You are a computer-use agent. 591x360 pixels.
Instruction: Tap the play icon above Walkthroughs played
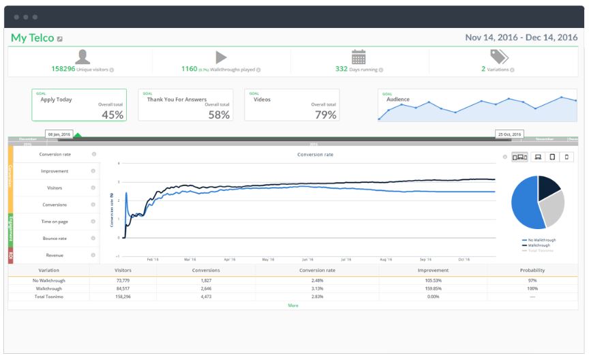click(221, 57)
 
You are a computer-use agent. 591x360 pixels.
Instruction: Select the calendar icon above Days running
click(359, 57)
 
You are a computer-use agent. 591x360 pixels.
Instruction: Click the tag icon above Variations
click(498, 57)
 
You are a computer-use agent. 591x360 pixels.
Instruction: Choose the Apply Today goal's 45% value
click(112, 115)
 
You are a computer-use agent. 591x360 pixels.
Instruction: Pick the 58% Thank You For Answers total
click(219, 115)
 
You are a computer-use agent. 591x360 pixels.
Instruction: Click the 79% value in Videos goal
click(325, 115)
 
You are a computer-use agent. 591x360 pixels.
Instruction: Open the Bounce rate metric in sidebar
click(54, 239)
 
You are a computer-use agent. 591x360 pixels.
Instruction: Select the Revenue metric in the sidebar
click(54, 255)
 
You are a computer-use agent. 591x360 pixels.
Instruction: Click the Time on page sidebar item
click(54, 222)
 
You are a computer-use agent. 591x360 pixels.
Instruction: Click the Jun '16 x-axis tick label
click(307, 260)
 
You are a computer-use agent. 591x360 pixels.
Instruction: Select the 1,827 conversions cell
click(206, 280)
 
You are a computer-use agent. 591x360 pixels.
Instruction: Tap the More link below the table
click(293, 305)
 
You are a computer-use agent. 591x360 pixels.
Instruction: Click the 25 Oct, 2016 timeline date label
click(509, 134)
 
